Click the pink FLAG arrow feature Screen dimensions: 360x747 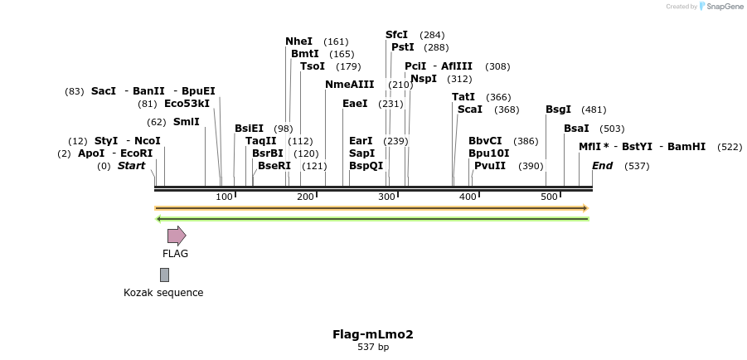[177, 236]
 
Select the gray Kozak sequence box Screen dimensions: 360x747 [164, 275]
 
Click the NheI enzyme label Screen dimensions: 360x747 [299, 41]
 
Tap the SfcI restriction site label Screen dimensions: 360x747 [397, 35]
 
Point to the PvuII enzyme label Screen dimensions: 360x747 [489, 166]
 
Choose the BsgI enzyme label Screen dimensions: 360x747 [558, 109]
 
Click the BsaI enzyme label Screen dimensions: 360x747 [576, 129]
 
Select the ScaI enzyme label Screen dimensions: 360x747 [470, 109]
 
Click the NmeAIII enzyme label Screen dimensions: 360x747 [350, 85]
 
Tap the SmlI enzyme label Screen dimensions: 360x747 [186, 122]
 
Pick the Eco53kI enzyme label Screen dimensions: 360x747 [187, 104]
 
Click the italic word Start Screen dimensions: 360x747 [131, 166]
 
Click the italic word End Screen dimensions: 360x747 [602, 166]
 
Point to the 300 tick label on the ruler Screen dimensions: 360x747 [386, 197]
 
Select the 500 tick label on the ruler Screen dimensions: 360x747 [549, 197]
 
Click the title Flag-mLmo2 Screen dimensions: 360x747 [373, 334]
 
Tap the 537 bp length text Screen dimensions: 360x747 [373, 348]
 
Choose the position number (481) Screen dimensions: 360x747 [594, 109]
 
